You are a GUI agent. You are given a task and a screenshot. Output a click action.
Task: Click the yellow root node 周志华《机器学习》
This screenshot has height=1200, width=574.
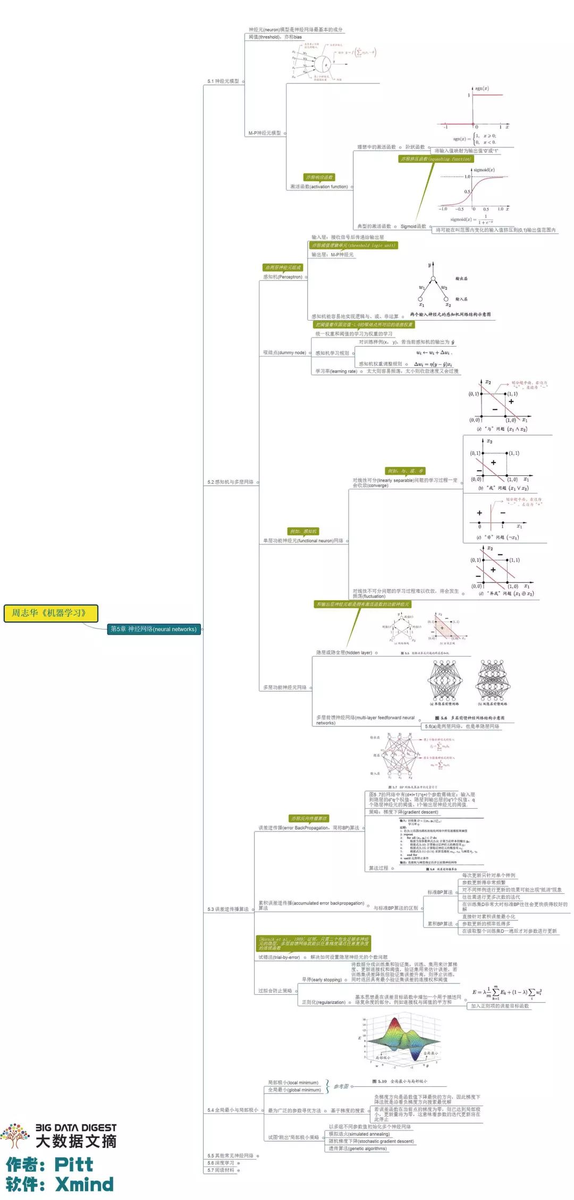51,613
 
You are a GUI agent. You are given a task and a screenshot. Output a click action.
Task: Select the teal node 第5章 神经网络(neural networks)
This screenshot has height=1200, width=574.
154,629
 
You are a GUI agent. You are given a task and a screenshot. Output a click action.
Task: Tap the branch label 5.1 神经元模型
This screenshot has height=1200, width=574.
223,81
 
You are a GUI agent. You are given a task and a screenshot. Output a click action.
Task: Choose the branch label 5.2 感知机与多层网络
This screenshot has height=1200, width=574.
230,482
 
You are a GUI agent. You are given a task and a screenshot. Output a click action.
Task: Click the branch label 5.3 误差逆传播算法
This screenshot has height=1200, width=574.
227,909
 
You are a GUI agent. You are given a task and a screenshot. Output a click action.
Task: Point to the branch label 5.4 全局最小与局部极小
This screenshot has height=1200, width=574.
232,1110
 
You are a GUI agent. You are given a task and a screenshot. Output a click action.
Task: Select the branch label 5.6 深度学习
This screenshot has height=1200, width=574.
221,1163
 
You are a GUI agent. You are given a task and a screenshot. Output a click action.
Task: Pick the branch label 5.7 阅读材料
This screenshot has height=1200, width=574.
221,1170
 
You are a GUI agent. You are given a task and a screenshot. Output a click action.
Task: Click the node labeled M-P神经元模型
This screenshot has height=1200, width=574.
265,133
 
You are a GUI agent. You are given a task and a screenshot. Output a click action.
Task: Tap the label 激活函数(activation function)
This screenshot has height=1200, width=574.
319,187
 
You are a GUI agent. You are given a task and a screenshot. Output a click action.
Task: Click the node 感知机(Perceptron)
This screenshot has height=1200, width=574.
282,276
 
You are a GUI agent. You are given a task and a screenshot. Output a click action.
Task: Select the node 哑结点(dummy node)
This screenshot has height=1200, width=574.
284,353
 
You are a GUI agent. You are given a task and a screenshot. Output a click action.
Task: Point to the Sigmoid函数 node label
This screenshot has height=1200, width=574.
413,226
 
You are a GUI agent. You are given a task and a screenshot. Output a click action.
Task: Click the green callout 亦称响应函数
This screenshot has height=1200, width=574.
319,178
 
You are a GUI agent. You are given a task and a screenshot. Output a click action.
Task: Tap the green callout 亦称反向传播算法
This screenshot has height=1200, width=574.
309,818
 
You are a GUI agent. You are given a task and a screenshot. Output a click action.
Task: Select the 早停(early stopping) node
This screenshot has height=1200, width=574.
322,979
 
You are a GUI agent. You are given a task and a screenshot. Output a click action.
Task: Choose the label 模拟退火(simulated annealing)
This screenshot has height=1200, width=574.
359,1134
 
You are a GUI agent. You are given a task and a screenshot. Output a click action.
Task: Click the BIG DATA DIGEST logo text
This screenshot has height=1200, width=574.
75,1128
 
